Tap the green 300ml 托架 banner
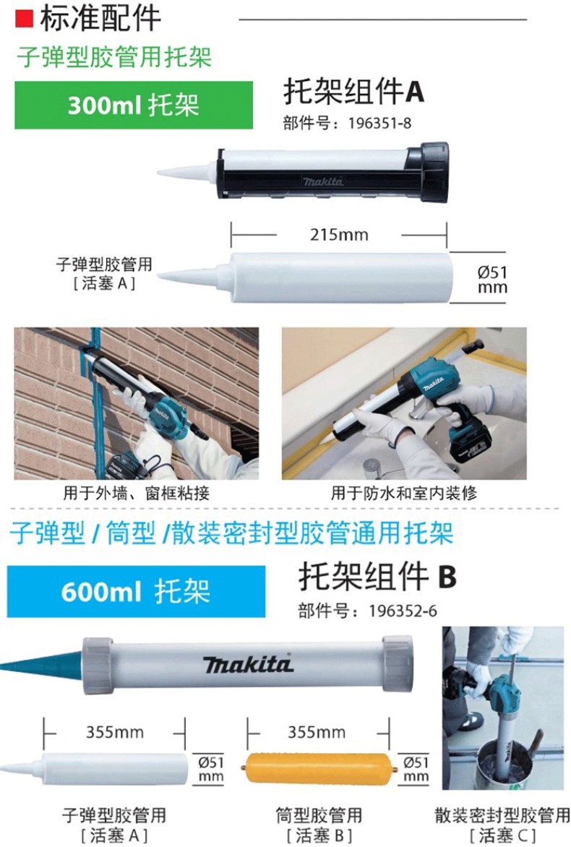point(134,105)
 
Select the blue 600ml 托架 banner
point(136,591)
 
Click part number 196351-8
point(379,123)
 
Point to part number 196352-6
point(403,611)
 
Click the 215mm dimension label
point(339,235)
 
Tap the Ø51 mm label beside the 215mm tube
point(492,279)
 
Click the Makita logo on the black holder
point(323,181)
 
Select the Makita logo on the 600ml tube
point(249,664)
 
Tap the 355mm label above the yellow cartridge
point(317,733)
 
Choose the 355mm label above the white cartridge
point(115,733)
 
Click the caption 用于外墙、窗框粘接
point(136,493)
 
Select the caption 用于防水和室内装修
point(404,493)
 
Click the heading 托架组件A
point(354,91)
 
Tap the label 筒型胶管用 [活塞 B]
point(319,825)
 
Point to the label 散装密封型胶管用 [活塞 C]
point(502,825)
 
